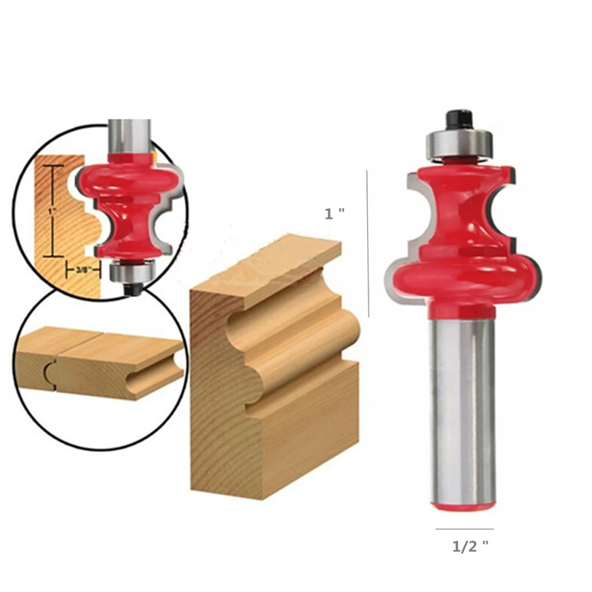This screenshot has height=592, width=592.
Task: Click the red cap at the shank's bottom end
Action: (463, 505)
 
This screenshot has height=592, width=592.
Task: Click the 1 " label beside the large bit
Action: (335, 214)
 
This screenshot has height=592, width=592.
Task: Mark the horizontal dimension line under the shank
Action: (464, 529)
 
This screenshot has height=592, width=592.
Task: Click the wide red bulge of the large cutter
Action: (462, 274)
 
